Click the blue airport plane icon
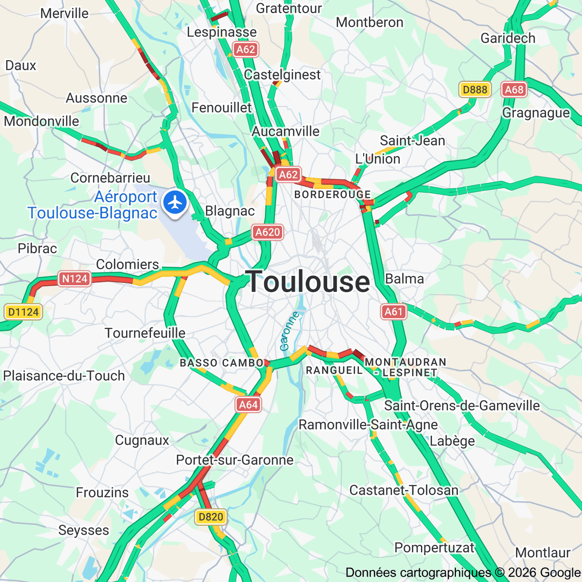175,202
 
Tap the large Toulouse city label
308,282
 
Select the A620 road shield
267,232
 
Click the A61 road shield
393,311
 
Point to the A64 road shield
248,404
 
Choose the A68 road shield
514,89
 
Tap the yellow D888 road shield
475,89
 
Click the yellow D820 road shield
211,517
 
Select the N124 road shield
75,278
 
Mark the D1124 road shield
23,312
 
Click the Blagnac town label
230,211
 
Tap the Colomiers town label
128,264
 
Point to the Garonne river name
290,331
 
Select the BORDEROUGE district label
333,194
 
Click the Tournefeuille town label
145,333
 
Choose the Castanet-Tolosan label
404,490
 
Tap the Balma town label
404,279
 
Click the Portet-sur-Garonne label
235,460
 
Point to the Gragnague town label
536,113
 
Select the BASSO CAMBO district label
222,363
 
